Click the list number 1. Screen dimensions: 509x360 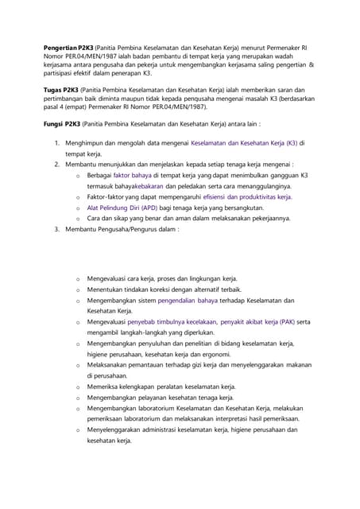(57, 143)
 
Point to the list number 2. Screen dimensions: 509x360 (57, 164)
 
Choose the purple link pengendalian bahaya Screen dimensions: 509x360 (187, 301)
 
